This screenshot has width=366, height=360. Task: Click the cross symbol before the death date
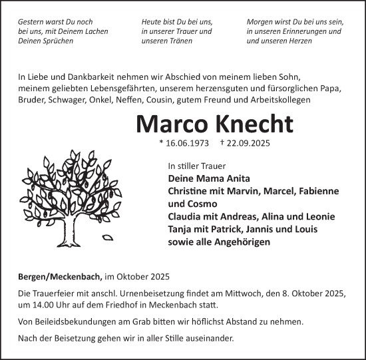222,142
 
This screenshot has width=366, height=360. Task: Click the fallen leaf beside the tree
108,236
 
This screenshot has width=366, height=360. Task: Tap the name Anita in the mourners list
218,178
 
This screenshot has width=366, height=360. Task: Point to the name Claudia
186,217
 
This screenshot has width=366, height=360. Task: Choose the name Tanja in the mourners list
181,230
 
